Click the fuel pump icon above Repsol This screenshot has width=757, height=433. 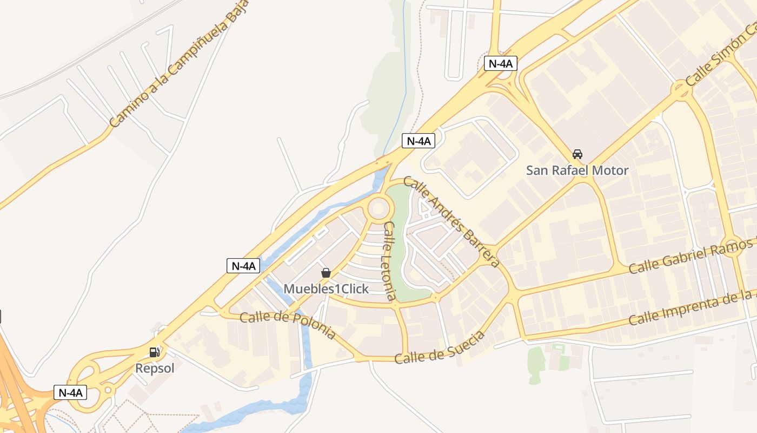point(155,352)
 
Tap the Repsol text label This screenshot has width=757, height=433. point(155,369)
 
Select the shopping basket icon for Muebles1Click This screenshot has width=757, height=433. point(326,273)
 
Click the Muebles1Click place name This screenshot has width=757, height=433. point(326,288)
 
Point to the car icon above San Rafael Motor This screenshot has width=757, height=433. point(577,154)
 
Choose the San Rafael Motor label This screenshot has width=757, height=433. point(577,170)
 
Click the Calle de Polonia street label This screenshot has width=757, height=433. point(287,325)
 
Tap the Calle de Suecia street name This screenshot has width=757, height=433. point(440,348)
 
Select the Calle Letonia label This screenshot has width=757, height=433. point(389,260)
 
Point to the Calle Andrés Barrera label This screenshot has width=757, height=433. point(451,222)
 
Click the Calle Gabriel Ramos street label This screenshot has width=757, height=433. point(692,256)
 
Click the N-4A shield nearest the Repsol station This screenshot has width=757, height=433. point(70,392)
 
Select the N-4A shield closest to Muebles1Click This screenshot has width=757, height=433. point(243,266)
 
